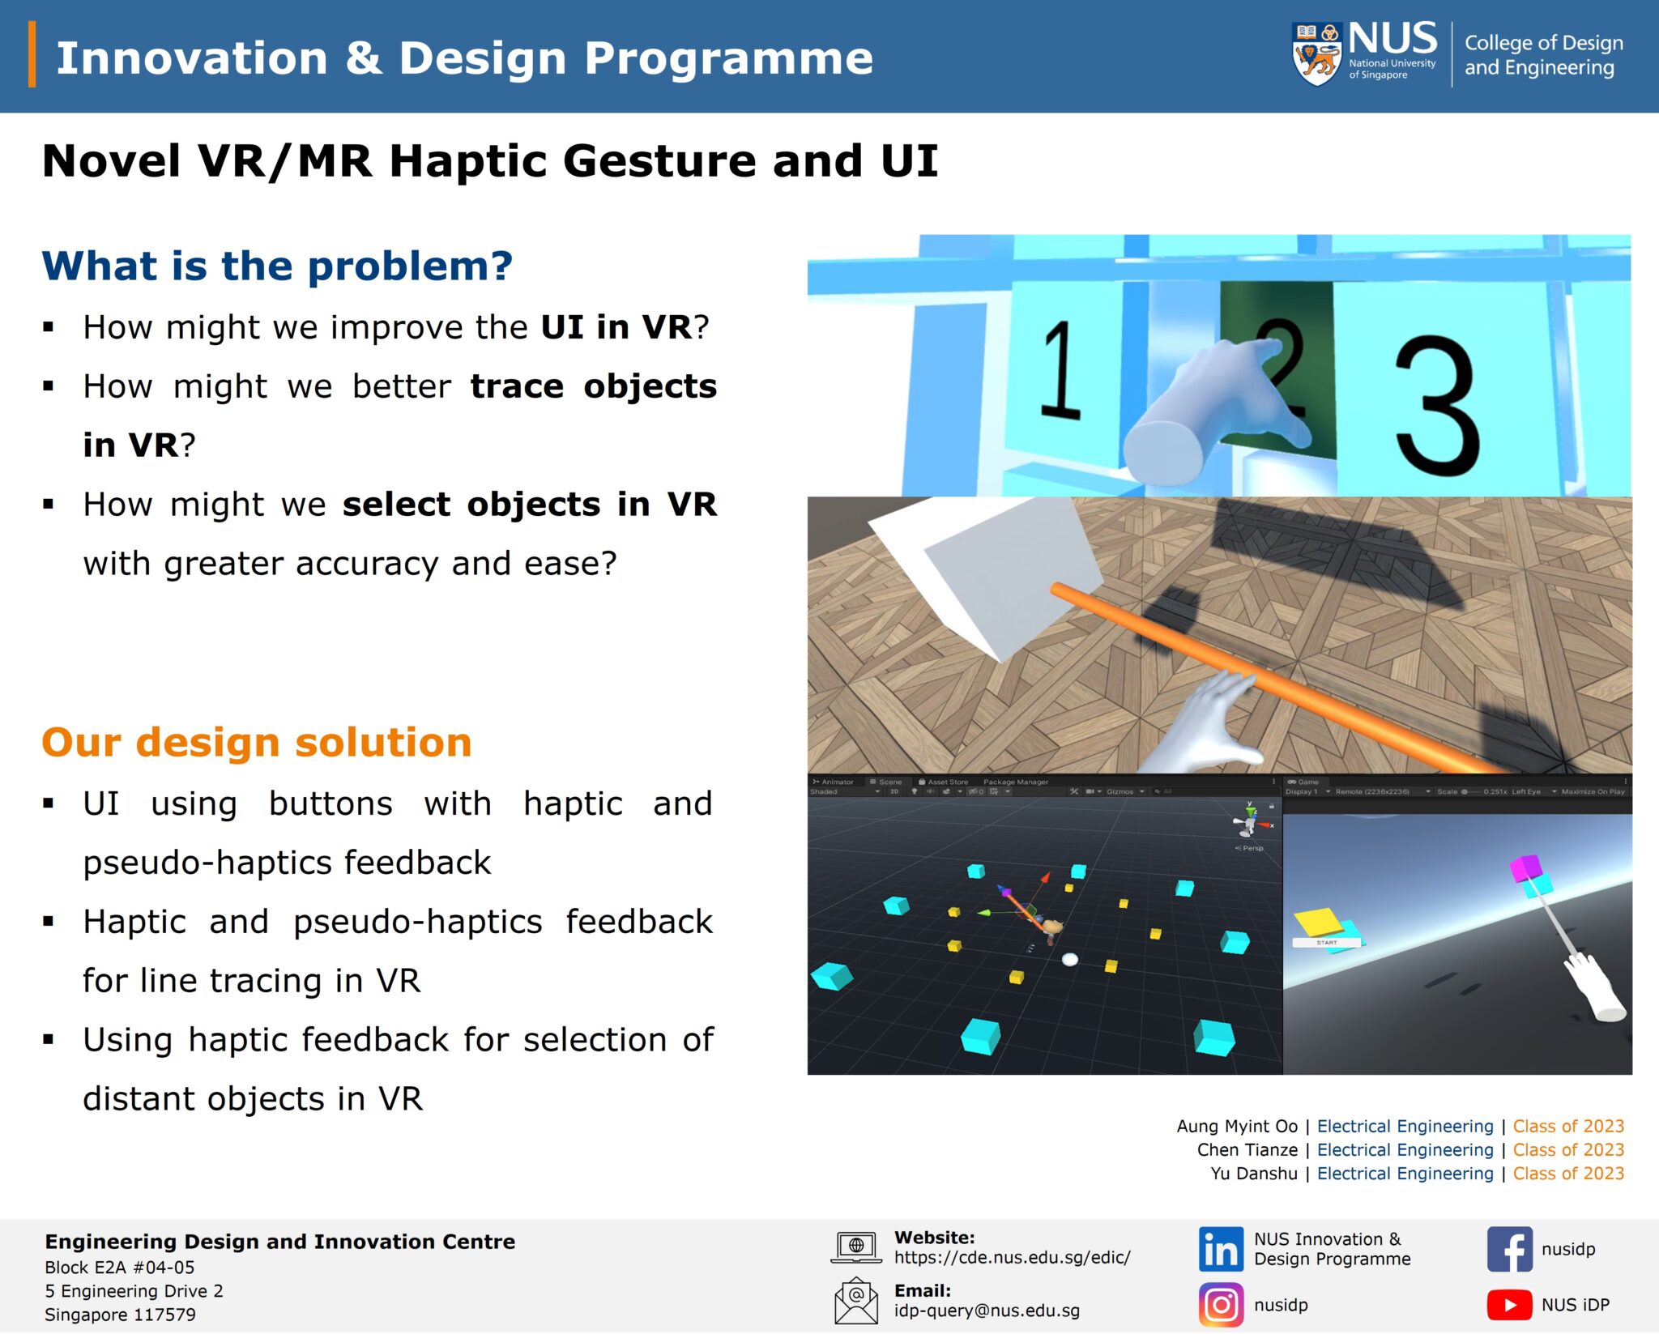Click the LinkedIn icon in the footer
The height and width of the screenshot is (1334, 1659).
(x=1220, y=1249)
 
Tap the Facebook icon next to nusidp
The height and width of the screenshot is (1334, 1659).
(x=1509, y=1249)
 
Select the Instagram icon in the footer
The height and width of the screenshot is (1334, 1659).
(x=1220, y=1305)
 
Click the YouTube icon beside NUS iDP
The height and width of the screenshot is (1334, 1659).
(x=1509, y=1305)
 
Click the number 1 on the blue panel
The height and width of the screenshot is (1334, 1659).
(x=1060, y=370)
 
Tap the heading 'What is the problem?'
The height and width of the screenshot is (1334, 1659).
(x=277, y=266)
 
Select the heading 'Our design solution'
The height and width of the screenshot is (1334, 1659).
(x=256, y=742)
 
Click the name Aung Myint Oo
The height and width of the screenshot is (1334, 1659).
(x=1236, y=1126)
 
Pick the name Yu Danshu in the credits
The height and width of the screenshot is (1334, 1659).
(x=1253, y=1174)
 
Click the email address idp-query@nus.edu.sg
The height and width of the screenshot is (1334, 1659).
(x=987, y=1311)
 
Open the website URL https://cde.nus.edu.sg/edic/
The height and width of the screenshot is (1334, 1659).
(x=1012, y=1257)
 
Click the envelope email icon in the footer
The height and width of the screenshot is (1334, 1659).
(x=855, y=1301)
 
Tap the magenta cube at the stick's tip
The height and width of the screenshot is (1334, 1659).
(x=1525, y=868)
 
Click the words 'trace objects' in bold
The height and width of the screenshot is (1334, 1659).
(x=593, y=386)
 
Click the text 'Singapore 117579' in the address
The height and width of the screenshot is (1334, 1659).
(x=120, y=1315)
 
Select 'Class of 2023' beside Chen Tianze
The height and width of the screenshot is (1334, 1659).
(x=1567, y=1150)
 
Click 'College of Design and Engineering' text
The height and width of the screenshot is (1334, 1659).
(x=1542, y=55)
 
